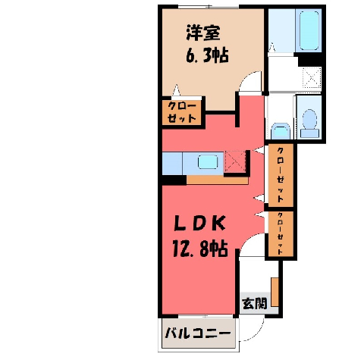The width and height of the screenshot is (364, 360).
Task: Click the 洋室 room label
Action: (x=203, y=33)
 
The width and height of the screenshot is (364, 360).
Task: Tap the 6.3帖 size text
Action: (x=207, y=55)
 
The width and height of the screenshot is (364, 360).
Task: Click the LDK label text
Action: (x=199, y=224)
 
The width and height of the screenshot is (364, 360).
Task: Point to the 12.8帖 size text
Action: (x=200, y=249)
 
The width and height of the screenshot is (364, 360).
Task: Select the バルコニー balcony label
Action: (x=198, y=333)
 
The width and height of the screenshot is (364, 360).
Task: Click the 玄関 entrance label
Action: (x=254, y=303)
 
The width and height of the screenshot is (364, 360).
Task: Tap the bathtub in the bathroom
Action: (x=309, y=30)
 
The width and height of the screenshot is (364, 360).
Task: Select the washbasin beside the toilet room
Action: (x=280, y=131)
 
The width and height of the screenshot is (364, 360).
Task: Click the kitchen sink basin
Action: (x=208, y=162)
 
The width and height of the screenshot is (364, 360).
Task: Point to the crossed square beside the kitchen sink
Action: (x=235, y=161)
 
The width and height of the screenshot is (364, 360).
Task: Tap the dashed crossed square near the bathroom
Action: (x=312, y=77)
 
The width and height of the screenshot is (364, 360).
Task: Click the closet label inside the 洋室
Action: (x=182, y=112)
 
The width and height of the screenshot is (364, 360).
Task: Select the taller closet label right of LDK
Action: (x=281, y=174)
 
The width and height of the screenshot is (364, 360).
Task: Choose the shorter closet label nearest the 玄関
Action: (x=281, y=233)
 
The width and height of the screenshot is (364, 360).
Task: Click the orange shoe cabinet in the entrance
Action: (x=275, y=292)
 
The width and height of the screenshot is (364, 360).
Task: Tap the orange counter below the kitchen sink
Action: (x=218, y=180)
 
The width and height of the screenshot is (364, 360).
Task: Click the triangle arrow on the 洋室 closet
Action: (x=176, y=90)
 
